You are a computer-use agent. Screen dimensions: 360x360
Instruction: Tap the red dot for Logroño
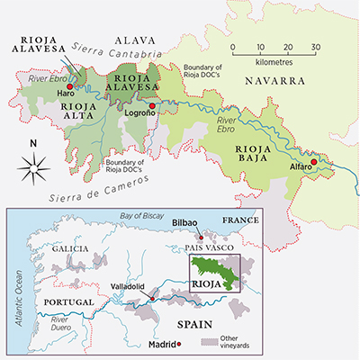tap(152, 106)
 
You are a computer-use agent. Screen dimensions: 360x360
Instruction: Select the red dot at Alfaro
tap(313, 163)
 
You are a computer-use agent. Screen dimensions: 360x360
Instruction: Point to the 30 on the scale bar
tap(315, 46)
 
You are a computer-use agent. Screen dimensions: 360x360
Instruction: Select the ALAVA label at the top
tap(136, 39)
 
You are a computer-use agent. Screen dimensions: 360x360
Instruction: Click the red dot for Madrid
tap(180, 344)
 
